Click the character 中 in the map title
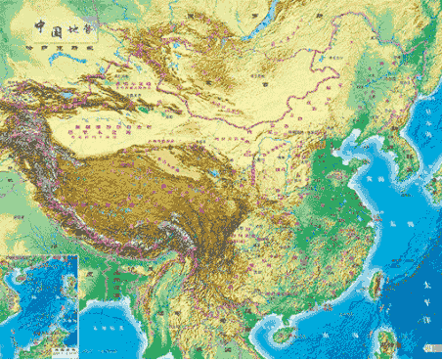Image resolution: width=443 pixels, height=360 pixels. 40,28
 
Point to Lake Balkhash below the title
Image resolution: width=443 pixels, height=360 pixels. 82,59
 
